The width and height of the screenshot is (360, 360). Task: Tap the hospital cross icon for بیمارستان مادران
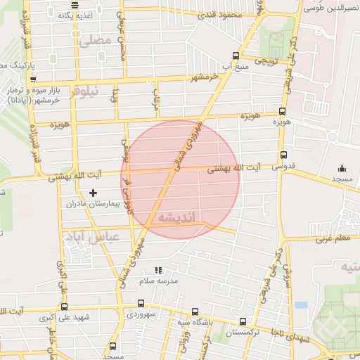point(94,193)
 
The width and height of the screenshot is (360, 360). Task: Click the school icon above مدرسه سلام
point(158,269)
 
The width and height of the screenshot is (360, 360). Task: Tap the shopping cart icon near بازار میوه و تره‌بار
point(32,79)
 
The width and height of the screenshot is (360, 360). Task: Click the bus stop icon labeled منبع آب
point(235,56)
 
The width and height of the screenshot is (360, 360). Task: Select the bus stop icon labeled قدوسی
point(283,155)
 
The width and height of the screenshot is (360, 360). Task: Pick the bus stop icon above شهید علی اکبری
point(64,307)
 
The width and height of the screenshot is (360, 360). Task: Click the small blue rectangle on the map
point(302,306)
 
